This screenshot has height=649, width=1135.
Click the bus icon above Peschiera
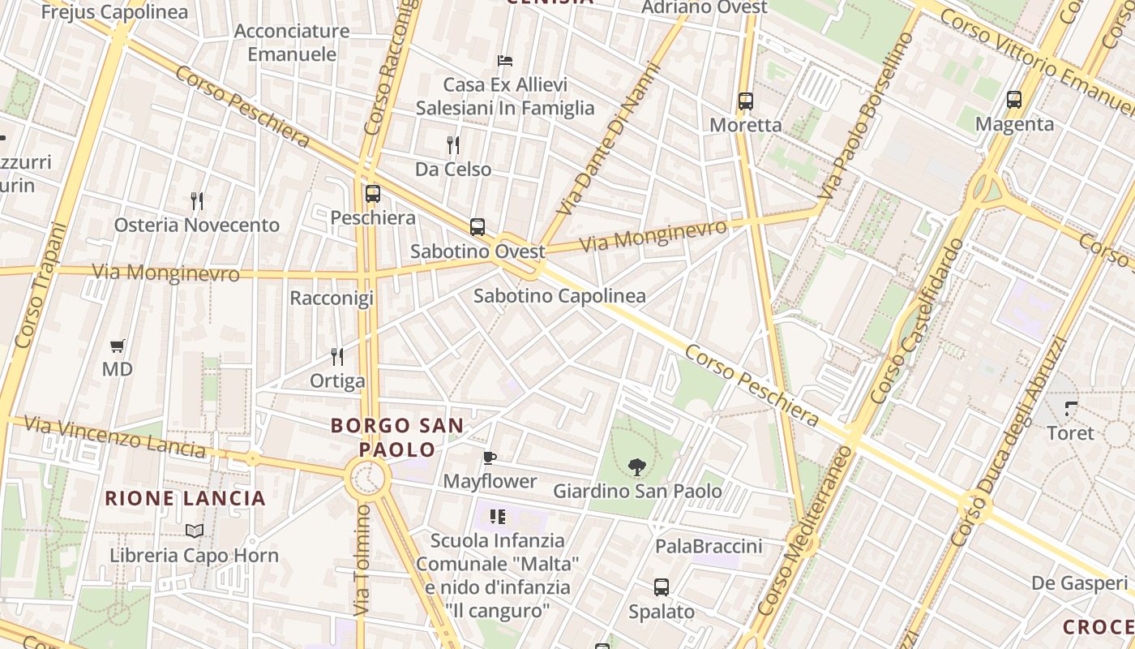[373, 194]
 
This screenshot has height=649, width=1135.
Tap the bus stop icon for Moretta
[746, 101]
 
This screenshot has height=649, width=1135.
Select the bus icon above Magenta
[1014, 100]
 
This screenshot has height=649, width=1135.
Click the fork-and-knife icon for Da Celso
[453, 145]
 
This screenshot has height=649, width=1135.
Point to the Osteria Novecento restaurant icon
[196, 200]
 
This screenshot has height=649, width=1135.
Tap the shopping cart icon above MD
[117, 346]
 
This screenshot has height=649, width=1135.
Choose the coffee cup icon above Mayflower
[490, 458]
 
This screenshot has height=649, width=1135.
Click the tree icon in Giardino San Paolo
[637, 466]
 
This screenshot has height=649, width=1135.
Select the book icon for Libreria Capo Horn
[194, 531]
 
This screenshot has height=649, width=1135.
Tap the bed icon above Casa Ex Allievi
[504, 61]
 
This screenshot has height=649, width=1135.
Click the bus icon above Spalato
[662, 587]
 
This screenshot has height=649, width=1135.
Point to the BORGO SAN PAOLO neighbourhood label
[398, 436]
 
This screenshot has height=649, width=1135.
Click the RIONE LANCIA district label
[186, 498]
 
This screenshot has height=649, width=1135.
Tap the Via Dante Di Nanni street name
[602, 153]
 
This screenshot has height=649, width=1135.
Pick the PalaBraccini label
[709, 546]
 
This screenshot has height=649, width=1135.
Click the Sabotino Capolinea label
[559, 296]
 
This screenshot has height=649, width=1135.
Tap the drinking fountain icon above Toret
[1071, 408]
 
